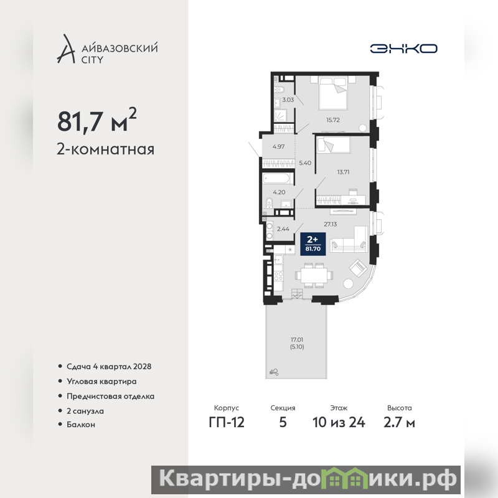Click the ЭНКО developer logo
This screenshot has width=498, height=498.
point(403,49)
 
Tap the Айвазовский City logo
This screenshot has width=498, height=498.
point(107,49)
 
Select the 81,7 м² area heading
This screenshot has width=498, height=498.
point(97,120)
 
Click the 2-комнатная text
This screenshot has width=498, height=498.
point(105,149)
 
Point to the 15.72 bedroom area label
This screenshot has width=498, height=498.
point(333,120)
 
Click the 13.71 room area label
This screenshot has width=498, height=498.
point(343,172)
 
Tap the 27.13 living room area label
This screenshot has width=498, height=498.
point(331,224)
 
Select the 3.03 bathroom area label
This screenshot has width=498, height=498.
point(288,100)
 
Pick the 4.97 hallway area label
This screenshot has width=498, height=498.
point(278,147)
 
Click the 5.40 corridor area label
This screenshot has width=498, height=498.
point(305,163)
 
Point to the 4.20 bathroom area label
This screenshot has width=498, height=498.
point(279,192)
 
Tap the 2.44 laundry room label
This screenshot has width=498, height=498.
point(283,228)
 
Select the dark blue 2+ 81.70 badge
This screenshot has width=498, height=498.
point(313,244)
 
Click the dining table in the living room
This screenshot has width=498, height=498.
point(314,275)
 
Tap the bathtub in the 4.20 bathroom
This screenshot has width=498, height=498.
point(278,179)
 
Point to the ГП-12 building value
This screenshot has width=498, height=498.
point(227,423)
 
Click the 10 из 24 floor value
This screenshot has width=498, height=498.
point(339,423)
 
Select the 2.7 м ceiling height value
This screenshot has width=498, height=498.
point(399,423)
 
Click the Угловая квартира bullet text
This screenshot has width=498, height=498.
point(101,382)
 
